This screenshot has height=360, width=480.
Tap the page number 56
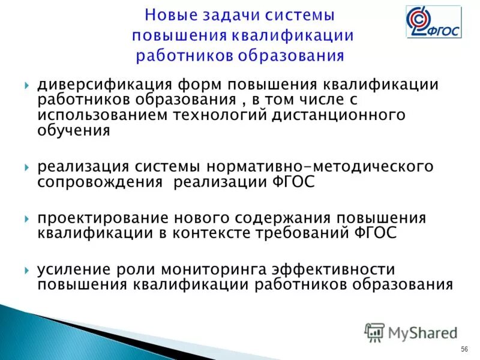(464, 350)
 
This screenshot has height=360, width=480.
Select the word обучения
(74, 129)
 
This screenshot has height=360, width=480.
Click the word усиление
(70, 269)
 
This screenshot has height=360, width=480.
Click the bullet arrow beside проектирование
(28, 218)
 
